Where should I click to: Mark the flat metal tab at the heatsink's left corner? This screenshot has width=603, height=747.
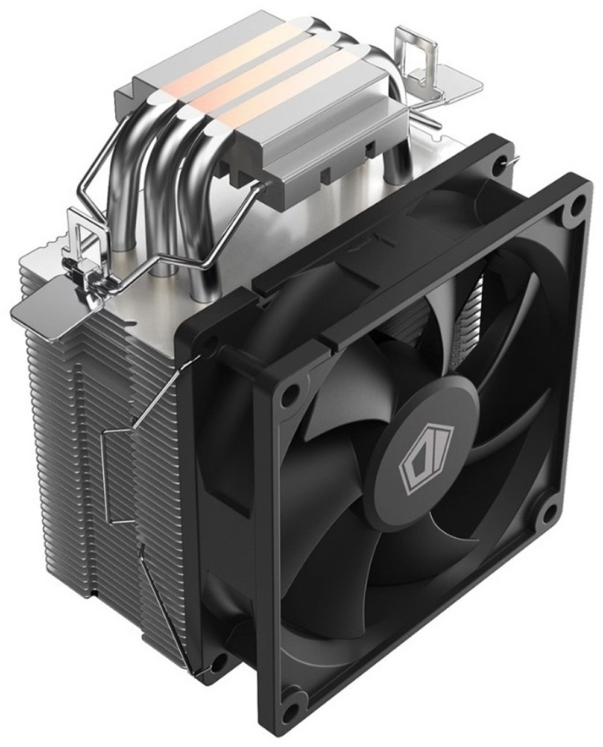(x=45, y=302)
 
